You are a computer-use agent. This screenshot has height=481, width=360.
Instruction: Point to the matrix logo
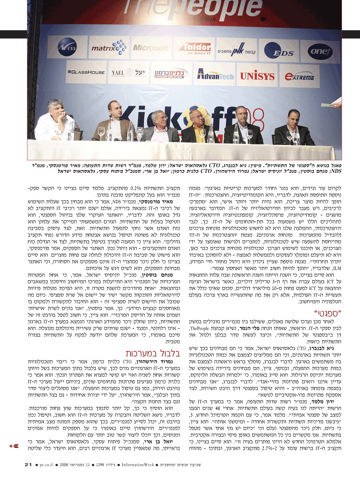[x=105, y=49]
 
